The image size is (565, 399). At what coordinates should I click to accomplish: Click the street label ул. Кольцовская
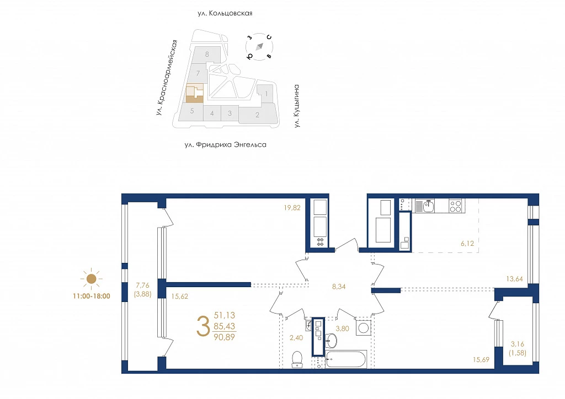point(225,13)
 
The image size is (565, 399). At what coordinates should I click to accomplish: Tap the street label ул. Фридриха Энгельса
point(225,144)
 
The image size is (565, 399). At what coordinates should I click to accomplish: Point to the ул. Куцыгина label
point(296,106)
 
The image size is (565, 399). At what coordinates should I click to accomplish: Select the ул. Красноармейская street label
point(167,77)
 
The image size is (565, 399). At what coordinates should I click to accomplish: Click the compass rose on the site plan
point(259,47)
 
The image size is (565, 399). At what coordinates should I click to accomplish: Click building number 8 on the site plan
point(207,55)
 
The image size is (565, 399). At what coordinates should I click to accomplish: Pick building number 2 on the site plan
point(257,115)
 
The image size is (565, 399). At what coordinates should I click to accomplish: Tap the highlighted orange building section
point(194,94)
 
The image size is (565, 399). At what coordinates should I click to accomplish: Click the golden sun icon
point(92,278)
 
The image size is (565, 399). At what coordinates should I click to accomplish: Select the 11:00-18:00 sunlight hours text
point(92,296)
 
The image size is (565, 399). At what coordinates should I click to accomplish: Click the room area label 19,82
point(292,208)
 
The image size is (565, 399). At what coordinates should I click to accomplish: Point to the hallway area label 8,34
point(339,287)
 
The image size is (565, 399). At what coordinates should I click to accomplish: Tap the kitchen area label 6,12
point(467,244)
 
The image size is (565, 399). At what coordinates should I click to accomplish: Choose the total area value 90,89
point(224,337)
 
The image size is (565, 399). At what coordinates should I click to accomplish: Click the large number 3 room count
point(203,326)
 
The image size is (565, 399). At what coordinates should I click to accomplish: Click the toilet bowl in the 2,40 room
point(297,359)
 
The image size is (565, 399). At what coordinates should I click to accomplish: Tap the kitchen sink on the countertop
point(428,206)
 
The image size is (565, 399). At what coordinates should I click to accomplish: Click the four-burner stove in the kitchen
point(455,206)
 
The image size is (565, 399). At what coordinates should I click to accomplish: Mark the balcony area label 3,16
point(518,344)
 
